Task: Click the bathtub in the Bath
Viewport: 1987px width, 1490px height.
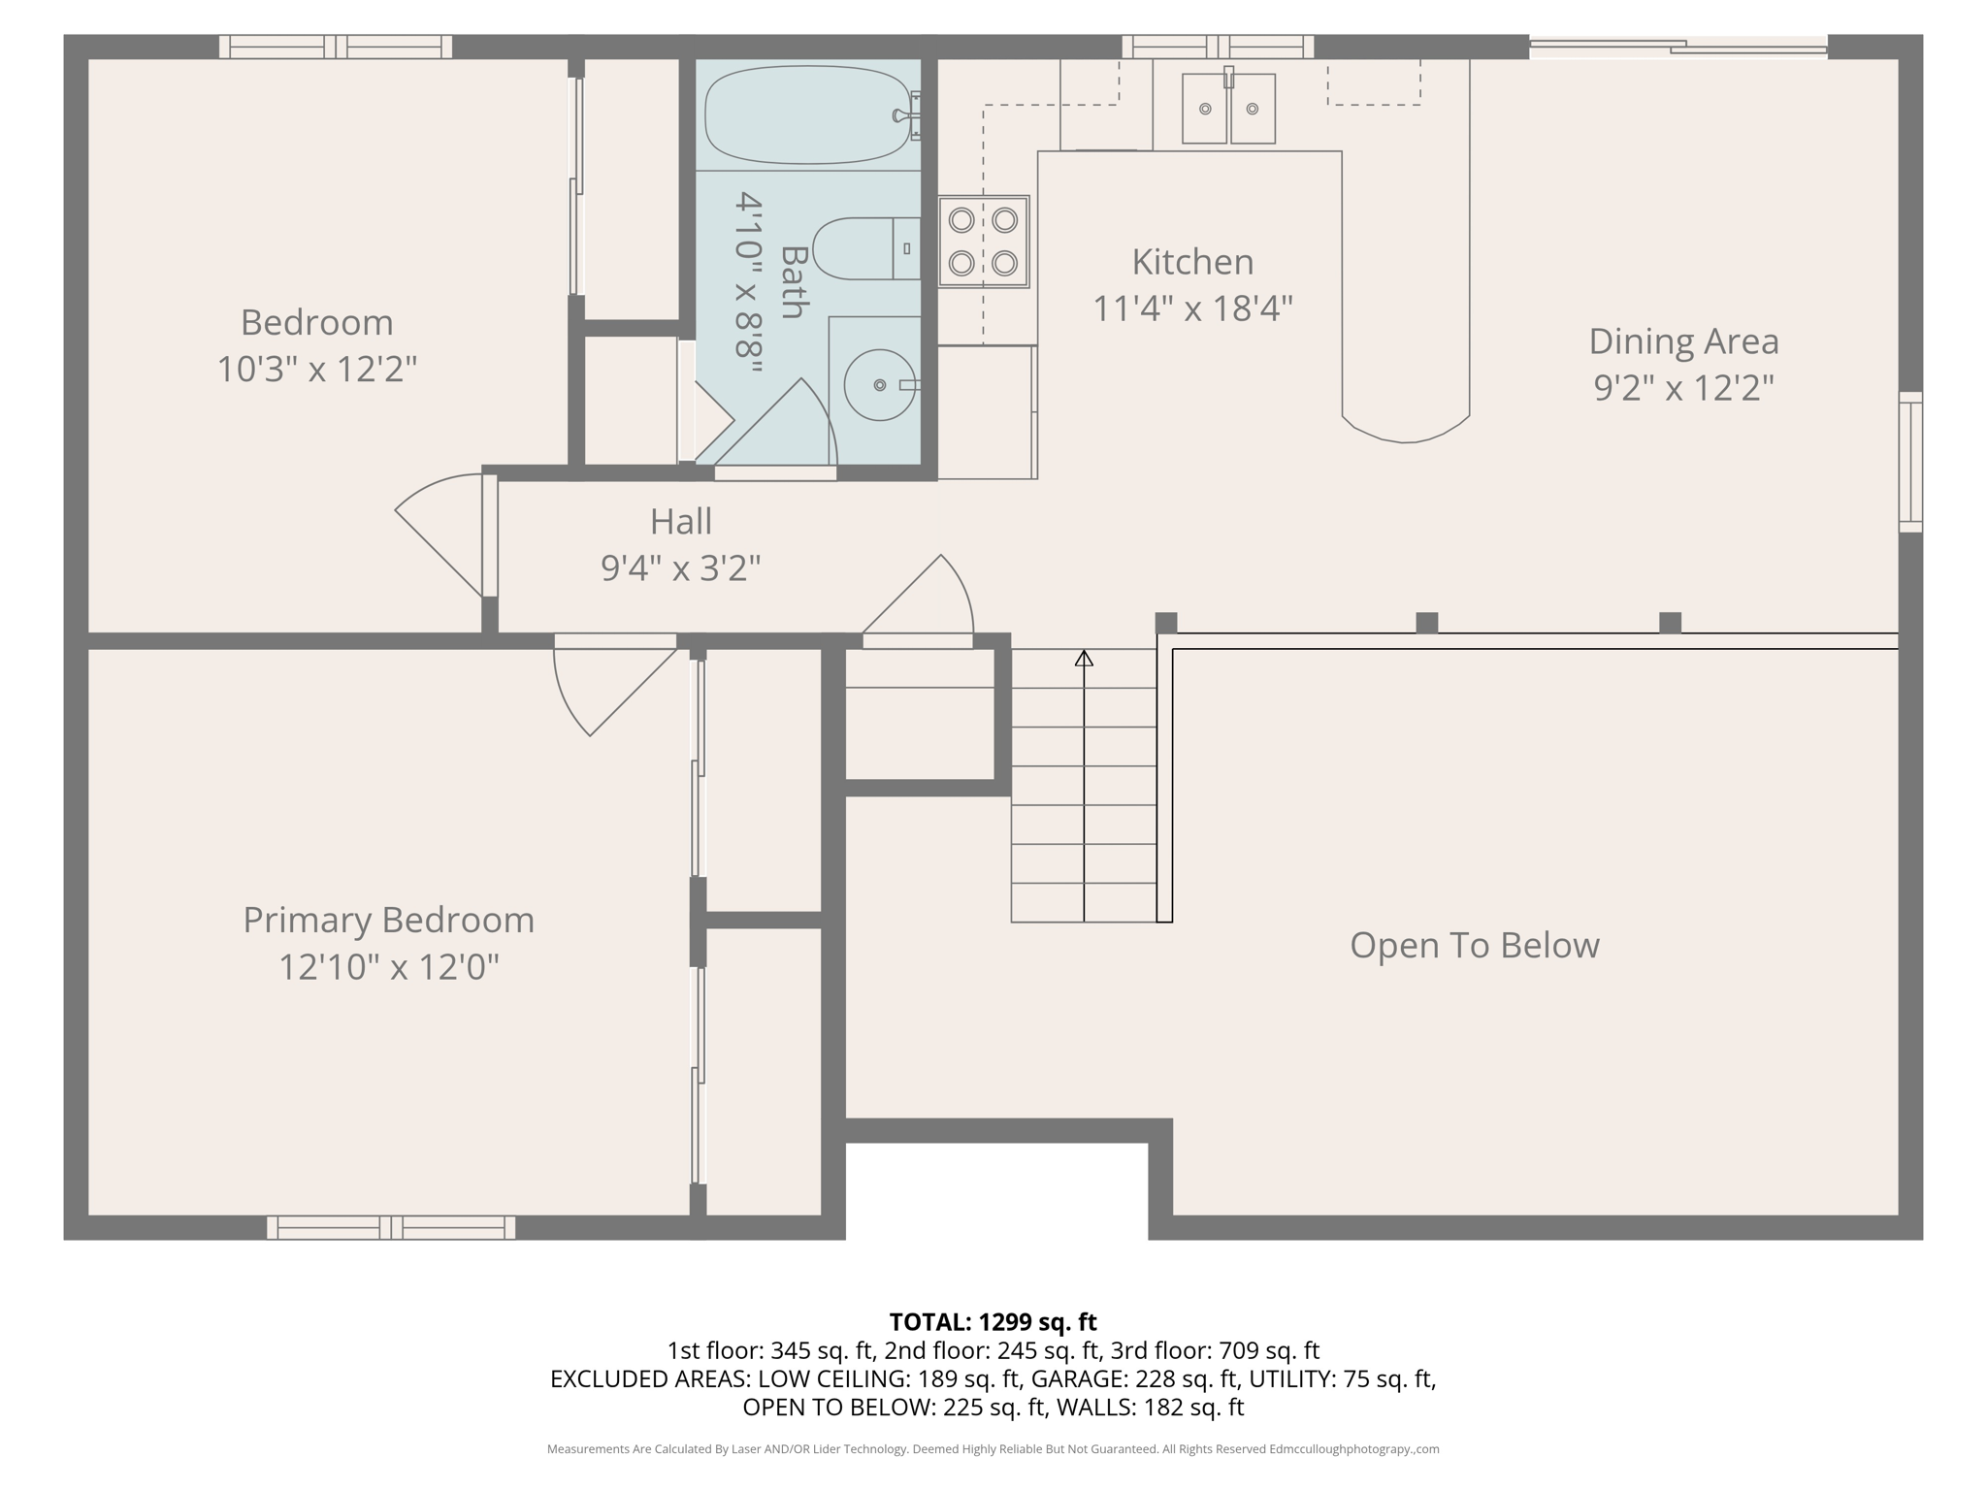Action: (807, 114)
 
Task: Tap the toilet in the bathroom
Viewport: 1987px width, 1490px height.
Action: (863, 248)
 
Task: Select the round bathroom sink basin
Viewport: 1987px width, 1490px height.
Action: (879, 385)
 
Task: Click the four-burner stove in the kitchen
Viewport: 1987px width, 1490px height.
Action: (983, 242)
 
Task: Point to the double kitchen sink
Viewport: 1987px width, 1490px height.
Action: (1228, 110)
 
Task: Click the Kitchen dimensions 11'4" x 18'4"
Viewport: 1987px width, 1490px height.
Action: (1192, 308)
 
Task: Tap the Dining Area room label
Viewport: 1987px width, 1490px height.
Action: (1683, 341)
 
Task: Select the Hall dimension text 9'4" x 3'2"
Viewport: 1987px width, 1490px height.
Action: (680, 567)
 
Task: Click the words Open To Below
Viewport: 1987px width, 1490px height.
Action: (1474, 945)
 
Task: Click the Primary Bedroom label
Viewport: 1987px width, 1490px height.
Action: (388, 920)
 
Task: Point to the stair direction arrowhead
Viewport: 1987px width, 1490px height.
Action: (1084, 659)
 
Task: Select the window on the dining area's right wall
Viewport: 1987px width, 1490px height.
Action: (1909, 462)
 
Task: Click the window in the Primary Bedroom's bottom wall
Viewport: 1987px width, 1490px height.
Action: (391, 1227)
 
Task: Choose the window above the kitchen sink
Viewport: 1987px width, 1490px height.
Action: (1218, 47)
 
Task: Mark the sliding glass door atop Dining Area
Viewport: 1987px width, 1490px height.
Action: (1678, 46)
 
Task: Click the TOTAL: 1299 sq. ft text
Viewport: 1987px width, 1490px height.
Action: (993, 1322)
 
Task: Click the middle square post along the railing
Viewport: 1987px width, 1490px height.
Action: (1426, 623)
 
